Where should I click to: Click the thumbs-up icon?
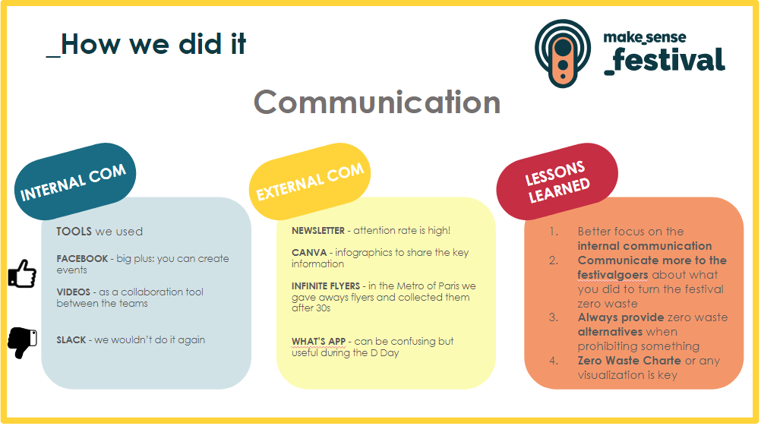(22, 273)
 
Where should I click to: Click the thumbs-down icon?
(22, 342)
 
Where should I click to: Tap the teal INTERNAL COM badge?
(74, 181)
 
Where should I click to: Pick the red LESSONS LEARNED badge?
(557, 181)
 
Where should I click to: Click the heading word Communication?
(377, 103)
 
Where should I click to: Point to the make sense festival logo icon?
(563, 53)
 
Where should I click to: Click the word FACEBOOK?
(82, 259)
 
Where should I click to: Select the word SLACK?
(71, 339)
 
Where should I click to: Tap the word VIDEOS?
(73, 292)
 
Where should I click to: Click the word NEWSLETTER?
(318, 231)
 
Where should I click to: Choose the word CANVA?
(309, 252)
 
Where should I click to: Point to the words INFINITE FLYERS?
(326, 286)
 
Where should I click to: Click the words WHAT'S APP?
(318, 341)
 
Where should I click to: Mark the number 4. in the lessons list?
(554, 361)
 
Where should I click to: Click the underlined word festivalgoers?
(612, 275)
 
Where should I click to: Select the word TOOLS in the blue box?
(74, 232)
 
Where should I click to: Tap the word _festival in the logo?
(665, 61)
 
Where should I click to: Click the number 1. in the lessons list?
(554, 232)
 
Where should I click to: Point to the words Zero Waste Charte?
(629, 361)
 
